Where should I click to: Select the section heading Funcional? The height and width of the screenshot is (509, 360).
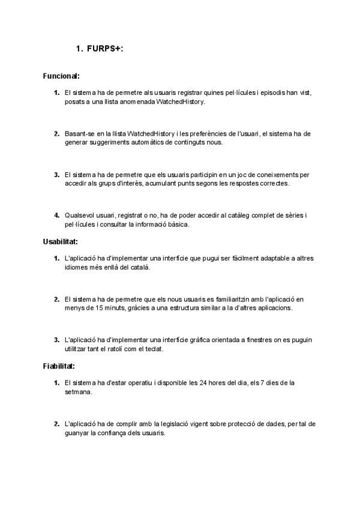62,76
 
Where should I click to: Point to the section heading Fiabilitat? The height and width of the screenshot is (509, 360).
59,366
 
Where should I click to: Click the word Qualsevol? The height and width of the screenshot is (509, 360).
80,215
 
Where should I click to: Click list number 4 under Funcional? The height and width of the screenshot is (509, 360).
57,215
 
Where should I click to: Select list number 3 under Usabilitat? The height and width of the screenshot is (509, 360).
57,340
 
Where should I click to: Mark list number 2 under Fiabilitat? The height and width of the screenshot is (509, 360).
57,423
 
